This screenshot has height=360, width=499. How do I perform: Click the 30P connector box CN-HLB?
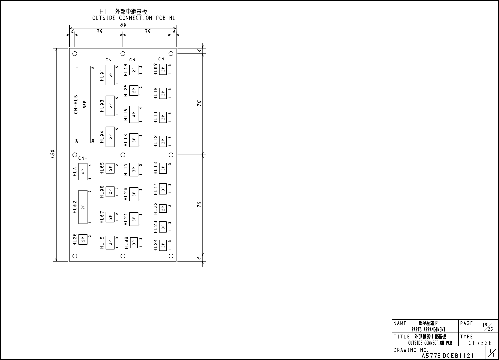tap(85, 105)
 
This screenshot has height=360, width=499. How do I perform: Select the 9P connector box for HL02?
tap(83, 206)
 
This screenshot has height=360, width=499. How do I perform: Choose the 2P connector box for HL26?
tap(83, 239)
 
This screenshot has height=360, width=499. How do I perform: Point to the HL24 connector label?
tap(155, 245)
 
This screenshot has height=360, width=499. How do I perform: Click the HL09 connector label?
tap(155, 70)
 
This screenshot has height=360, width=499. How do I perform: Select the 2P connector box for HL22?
tap(163, 208)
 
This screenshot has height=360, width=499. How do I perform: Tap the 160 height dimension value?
tap(53, 155)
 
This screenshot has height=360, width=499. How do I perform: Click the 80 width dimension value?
tap(123, 25)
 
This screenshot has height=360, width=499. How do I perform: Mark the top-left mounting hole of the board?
tap(75, 53)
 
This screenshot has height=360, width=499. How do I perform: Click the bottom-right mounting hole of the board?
tap(171, 256)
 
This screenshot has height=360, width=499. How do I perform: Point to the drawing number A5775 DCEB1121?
tap(448, 356)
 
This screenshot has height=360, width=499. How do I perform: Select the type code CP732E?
tap(480, 343)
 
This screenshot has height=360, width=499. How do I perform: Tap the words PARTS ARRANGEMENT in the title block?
tap(429, 329)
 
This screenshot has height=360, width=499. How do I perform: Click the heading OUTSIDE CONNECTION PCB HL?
tap(134, 18)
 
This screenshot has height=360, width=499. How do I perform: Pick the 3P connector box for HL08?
tap(134, 243)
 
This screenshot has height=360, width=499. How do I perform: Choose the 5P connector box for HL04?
tap(110, 137)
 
